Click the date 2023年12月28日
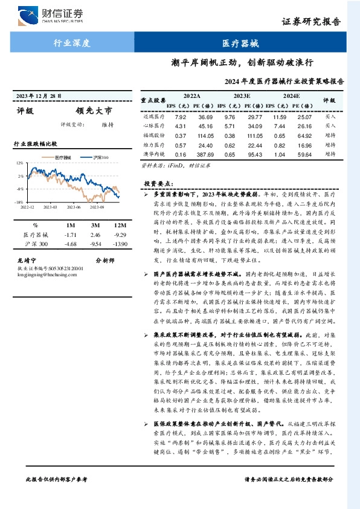tap(40, 96)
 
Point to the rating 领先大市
tap(94, 111)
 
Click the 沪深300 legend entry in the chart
tap(101, 157)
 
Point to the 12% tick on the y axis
tap(20, 163)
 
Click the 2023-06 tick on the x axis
tap(74, 207)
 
